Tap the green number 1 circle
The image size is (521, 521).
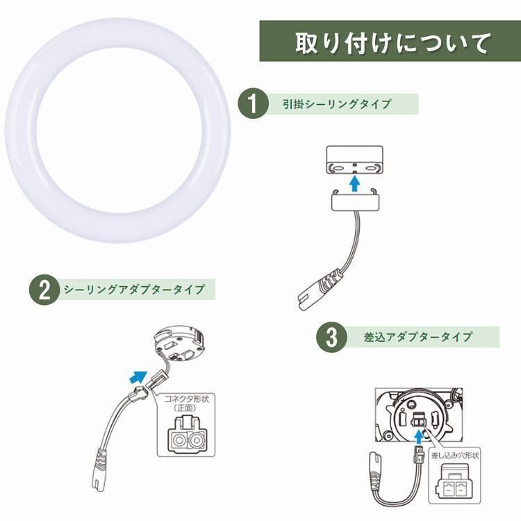(253, 104)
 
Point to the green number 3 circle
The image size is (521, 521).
(332, 338)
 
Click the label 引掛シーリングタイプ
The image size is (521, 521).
(337, 104)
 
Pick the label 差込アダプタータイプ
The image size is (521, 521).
(417, 338)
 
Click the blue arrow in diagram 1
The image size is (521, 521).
(355, 183)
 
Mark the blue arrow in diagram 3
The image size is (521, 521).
(417, 436)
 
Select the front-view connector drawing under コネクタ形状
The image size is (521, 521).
(185, 438)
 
